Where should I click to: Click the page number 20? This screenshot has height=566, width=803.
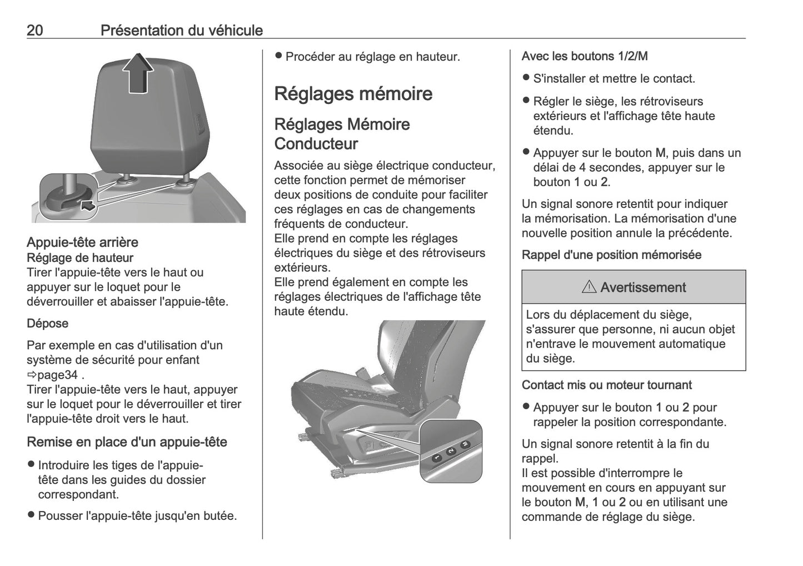(x=35, y=30)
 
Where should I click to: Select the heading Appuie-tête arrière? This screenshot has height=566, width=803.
(x=82, y=242)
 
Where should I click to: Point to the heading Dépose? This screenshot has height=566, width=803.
(x=48, y=324)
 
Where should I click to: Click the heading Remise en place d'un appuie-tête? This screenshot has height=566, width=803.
(x=127, y=442)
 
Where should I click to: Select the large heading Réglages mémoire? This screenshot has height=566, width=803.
(x=353, y=93)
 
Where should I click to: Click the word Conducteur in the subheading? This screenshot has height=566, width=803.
(x=316, y=144)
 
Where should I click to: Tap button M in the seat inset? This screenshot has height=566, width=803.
(x=465, y=444)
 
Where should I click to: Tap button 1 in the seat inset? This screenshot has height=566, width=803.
(x=437, y=457)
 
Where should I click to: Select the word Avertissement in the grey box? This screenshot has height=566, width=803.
(x=643, y=287)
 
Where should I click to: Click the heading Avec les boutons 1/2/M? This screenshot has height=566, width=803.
(x=585, y=56)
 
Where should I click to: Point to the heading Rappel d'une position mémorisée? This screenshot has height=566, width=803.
(x=611, y=255)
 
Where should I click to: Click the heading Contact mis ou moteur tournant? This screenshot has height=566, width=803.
(x=606, y=385)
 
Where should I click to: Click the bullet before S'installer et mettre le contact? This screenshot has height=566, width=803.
(x=526, y=78)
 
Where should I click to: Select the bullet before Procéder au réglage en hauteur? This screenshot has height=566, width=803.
(x=279, y=56)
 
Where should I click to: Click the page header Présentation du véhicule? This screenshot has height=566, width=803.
(x=182, y=30)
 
